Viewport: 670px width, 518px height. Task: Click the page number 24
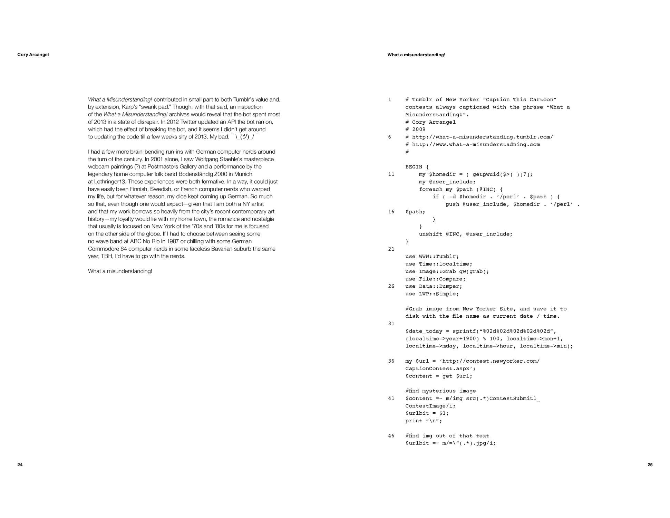[20, 465]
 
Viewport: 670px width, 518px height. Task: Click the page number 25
[650, 465]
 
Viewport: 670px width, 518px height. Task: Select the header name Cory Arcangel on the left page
[33, 55]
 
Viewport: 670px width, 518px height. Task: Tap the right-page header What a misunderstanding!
[416, 55]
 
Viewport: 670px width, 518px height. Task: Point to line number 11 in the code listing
[391, 174]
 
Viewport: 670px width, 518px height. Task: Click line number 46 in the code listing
[391, 436]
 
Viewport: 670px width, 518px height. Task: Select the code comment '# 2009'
[415, 129]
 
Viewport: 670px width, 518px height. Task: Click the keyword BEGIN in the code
[414, 167]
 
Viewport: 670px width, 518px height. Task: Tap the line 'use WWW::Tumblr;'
[432, 257]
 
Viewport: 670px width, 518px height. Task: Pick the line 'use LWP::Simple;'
[432, 294]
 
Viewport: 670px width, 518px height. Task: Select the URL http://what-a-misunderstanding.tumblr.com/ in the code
[483, 137]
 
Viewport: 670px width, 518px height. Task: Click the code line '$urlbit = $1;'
[427, 413]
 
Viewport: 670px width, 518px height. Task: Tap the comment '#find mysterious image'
[440, 391]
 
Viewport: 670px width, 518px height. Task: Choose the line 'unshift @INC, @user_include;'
[466, 234]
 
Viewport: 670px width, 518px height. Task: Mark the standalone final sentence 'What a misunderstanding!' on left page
[120, 271]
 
